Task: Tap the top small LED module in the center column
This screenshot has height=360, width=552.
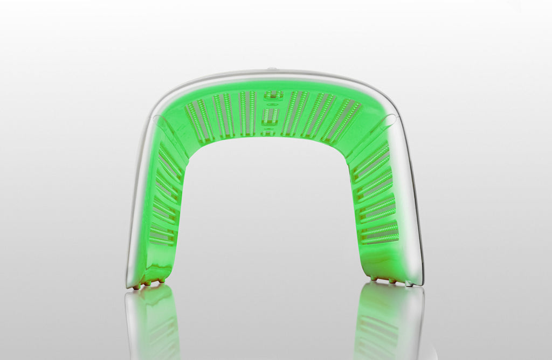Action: (x=273, y=95)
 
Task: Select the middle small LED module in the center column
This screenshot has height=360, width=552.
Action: (x=272, y=115)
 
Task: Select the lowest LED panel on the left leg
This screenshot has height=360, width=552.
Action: (x=162, y=234)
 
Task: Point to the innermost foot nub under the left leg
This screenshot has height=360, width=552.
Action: (x=161, y=281)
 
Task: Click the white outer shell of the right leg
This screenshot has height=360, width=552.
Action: (x=412, y=216)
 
